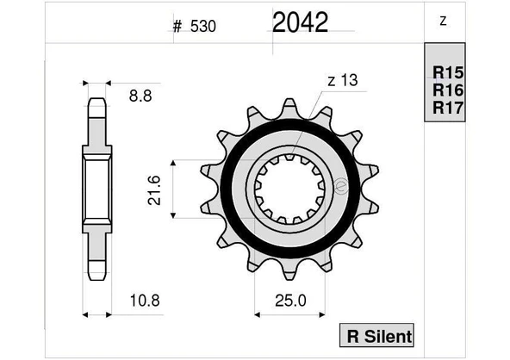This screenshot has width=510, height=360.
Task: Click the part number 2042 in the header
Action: [x=300, y=22]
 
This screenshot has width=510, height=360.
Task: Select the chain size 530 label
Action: [x=201, y=26]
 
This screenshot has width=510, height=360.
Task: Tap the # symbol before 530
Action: [x=177, y=26]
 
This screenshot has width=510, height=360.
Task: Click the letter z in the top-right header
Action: [x=443, y=22]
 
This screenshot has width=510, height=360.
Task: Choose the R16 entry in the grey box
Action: [x=448, y=90]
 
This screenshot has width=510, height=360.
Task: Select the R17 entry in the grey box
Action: [x=448, y=107]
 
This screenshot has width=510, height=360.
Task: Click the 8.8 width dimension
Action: [x=140, y=97]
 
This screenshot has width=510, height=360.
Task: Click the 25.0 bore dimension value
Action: [x=289, y=301]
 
